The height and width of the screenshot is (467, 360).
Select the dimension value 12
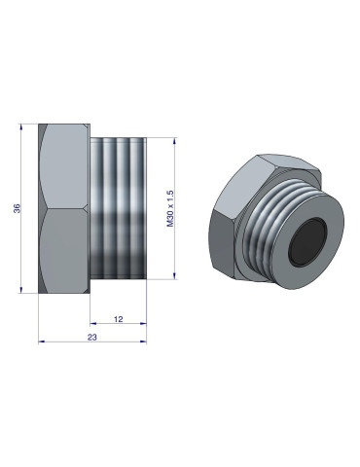coord(118,318)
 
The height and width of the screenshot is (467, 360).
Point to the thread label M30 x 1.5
coord(171,208)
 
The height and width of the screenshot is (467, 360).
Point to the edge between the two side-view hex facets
coord(64,208)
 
